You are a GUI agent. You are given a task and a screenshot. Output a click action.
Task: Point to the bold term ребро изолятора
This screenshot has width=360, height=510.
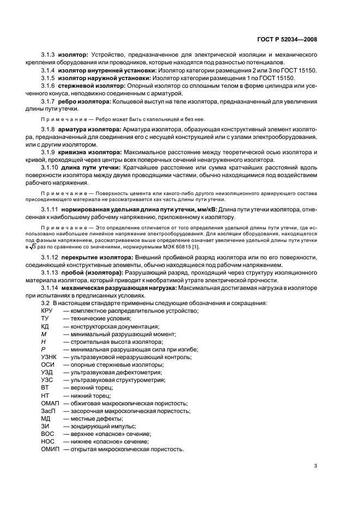click(84, 101)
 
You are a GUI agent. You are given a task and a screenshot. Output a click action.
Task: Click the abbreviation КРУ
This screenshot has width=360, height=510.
click(47, 311)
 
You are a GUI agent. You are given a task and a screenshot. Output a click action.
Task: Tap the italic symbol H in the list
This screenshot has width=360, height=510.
click(43, 342)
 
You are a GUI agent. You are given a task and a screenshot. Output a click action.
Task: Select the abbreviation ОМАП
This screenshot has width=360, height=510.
click(50, 403)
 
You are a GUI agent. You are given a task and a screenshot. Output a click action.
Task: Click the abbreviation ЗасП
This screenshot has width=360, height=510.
click(48, 411)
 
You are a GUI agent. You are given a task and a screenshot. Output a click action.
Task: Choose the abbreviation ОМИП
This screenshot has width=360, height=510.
click(50, 449)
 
